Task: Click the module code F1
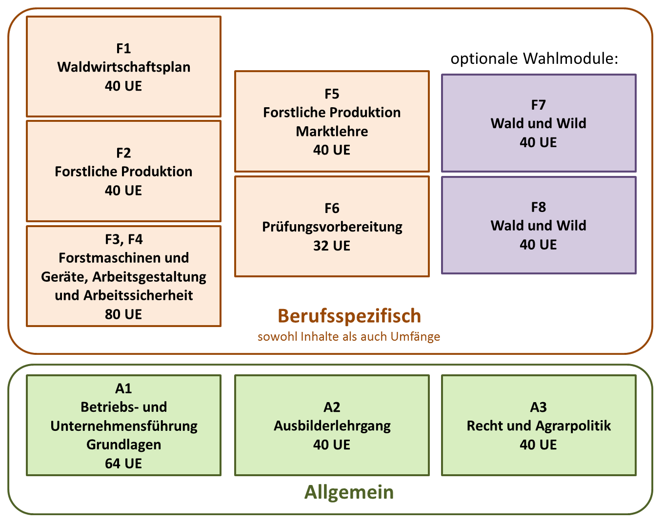(123, 48)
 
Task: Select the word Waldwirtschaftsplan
(124, 68)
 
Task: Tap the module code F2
(123, 153)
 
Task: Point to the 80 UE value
(123, 314)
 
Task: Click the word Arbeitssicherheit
(138, 296)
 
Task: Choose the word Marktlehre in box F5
(332, 132)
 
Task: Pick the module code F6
(332, 209)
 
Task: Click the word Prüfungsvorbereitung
(332, 228)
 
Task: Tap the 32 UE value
(332, 246)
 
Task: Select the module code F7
(539, 105)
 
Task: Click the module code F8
(539, 208)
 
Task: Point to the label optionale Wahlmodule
(534, 58)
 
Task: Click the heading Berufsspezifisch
(349, 317)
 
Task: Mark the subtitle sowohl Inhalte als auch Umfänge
(349, 337)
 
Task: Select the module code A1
(123, 389)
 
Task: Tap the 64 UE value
(123, 464)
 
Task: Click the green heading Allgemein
(349, 492)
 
